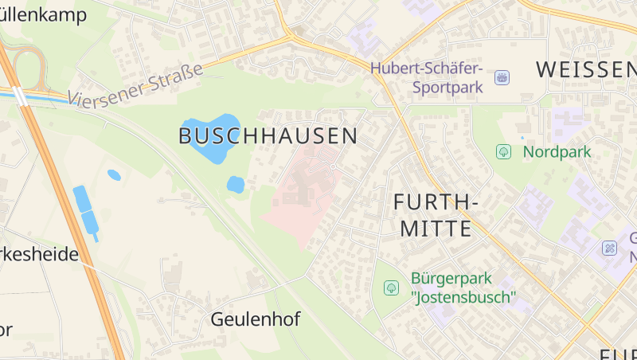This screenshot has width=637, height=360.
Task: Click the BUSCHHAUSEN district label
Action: (268, 136)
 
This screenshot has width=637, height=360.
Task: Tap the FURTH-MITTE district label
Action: (436, 216)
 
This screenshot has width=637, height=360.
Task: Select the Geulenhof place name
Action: (255, 320)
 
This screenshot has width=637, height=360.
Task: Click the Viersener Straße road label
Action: (135, 86)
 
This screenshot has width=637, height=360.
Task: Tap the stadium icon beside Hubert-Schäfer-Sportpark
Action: (502, 77)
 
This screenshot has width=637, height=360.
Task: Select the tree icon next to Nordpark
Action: (503, 151)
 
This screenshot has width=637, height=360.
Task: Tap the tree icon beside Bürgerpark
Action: (391, 288)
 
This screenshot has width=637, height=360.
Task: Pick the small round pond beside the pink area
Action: (235, 185)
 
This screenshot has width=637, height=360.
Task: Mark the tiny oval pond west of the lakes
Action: (114, 174)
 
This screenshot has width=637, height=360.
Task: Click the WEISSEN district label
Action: (585, 69)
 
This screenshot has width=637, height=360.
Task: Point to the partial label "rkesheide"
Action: (40, 255)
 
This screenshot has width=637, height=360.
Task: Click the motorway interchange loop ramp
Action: (30, 64)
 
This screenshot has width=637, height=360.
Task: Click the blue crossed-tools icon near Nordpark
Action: (609, 248)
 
